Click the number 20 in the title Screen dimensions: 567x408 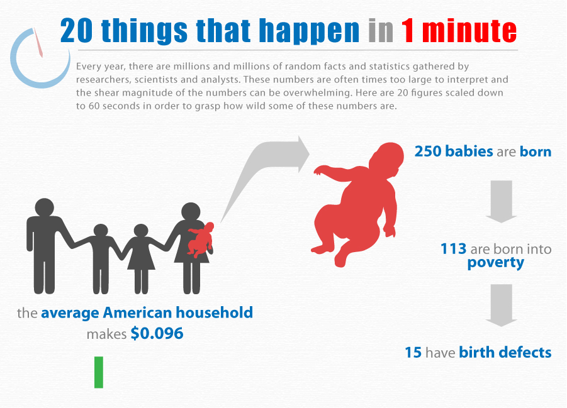coord(76,31)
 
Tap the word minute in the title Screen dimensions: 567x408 coord(469,31)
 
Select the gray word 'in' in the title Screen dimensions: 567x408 coord(381,31)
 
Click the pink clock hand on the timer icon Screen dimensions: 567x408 coord(38,43)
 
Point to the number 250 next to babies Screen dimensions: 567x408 coord(427,151)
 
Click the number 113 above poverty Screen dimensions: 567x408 coord(454,248)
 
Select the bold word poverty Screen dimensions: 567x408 coord(496,263)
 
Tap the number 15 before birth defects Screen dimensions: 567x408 coord(413,352)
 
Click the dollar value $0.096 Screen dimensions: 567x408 coord(157,333)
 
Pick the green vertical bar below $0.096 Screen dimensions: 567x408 coord(99,372)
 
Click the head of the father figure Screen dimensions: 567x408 coord(45,207)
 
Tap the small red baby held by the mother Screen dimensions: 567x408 coord(201,240)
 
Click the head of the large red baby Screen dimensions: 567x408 coord(387,159)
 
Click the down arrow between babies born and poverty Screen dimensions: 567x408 coord(501,201)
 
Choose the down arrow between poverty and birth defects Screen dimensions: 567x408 coord(501,306)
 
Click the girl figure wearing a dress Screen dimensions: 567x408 coord(141,258)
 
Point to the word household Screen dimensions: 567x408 coord(215,312)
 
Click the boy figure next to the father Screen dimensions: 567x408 coord(101,258)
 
